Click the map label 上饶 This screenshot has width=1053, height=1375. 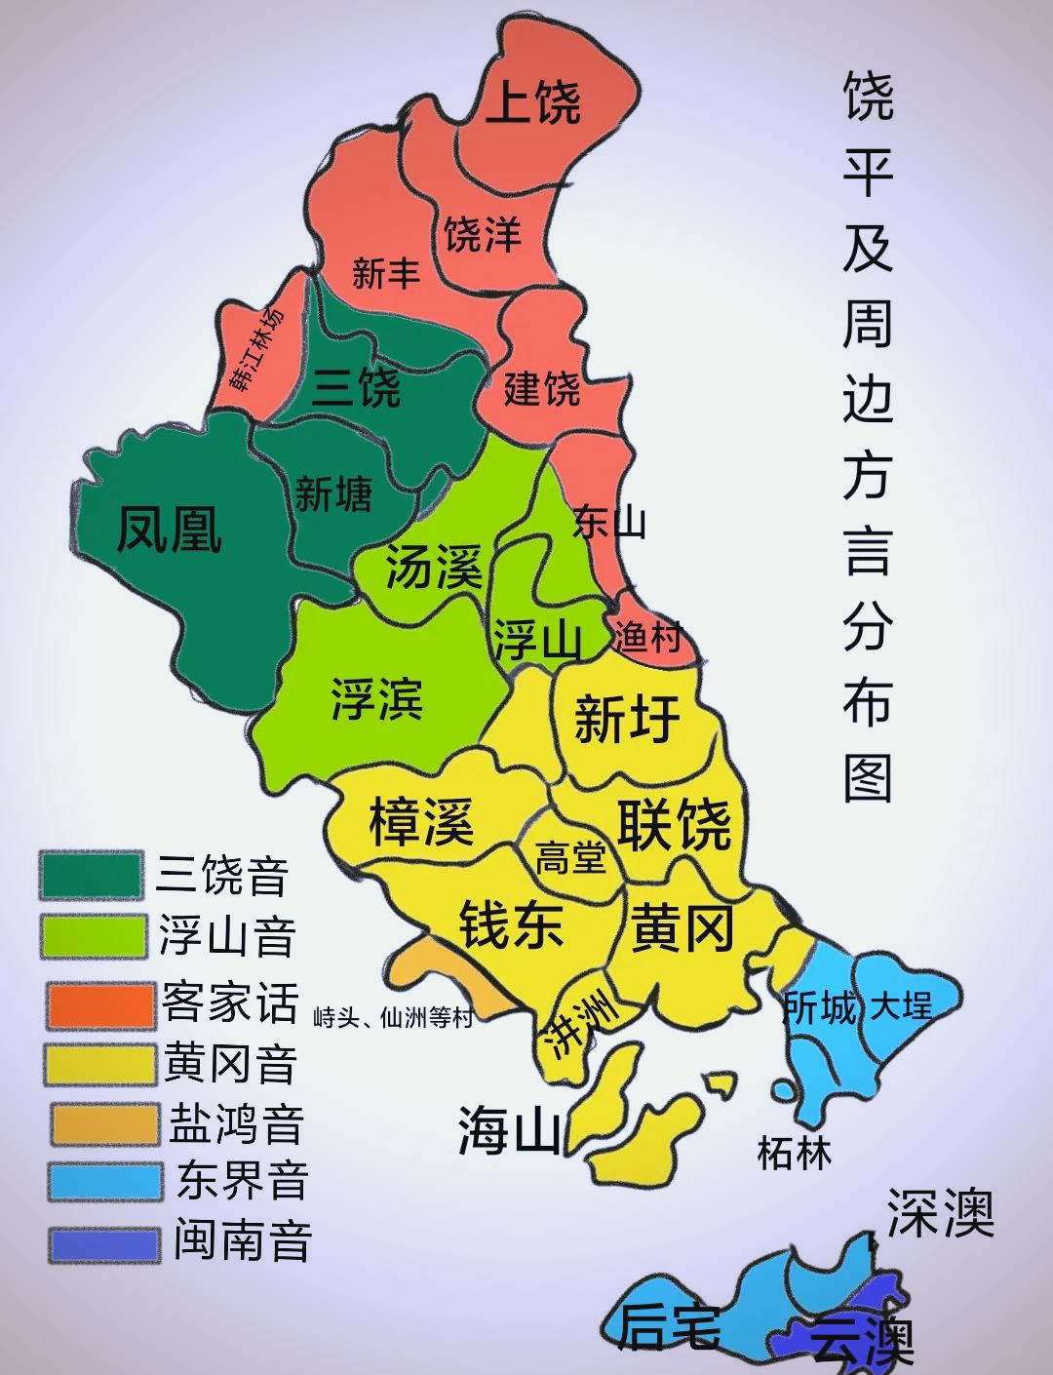coord(533,102)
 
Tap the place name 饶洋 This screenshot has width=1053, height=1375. coord(483,234)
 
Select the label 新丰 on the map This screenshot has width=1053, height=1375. coord(386,273)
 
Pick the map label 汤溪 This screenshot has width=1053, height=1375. coord(435,567)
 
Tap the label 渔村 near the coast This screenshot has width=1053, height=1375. coord(646,638)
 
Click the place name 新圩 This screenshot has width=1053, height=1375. coord(627,719)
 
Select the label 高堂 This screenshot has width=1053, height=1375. coord(570,858)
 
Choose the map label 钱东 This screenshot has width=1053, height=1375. coord(511,923)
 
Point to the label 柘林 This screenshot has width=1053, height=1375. coord(795,1154)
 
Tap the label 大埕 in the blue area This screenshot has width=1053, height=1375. coord(901,1005)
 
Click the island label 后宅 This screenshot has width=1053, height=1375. coord(669,1327)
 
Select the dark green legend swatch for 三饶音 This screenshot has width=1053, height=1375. coord(91,875)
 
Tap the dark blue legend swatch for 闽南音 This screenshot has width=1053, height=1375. coord(104,1244)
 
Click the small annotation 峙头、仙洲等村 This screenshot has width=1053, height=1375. coord(393,1018)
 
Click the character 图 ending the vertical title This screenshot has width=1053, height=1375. coord(868,777)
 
